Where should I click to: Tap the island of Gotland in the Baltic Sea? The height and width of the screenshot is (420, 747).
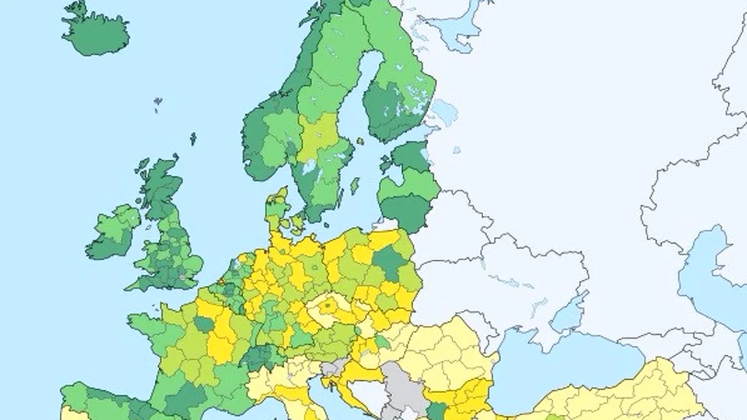[x=354, y=185]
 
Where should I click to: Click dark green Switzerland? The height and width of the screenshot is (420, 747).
[x=262, y=356]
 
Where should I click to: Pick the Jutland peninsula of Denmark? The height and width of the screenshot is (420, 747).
[x=277, y=207]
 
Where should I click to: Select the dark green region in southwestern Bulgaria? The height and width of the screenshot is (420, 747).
[x=435, y=410]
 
